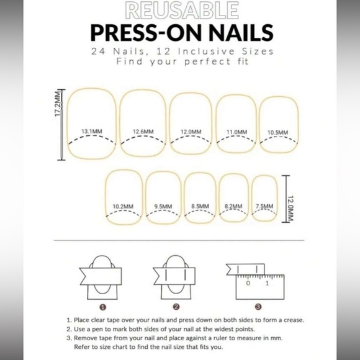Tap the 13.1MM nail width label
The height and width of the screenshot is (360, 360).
pos(91,132)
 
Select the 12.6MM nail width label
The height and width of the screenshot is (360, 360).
pos(142,132)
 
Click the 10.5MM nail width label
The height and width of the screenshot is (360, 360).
pos(278,132)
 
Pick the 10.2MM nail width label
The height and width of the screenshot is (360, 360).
pos(123,206)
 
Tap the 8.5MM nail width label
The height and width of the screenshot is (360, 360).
pos(200,206)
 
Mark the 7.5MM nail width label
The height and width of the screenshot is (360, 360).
pos(264,206)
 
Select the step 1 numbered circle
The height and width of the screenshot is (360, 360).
pos(103,306)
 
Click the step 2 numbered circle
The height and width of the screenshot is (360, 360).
pos(176,306)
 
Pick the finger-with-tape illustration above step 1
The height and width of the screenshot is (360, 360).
pos(102,275)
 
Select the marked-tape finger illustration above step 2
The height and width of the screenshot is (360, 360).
pos(175,275)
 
